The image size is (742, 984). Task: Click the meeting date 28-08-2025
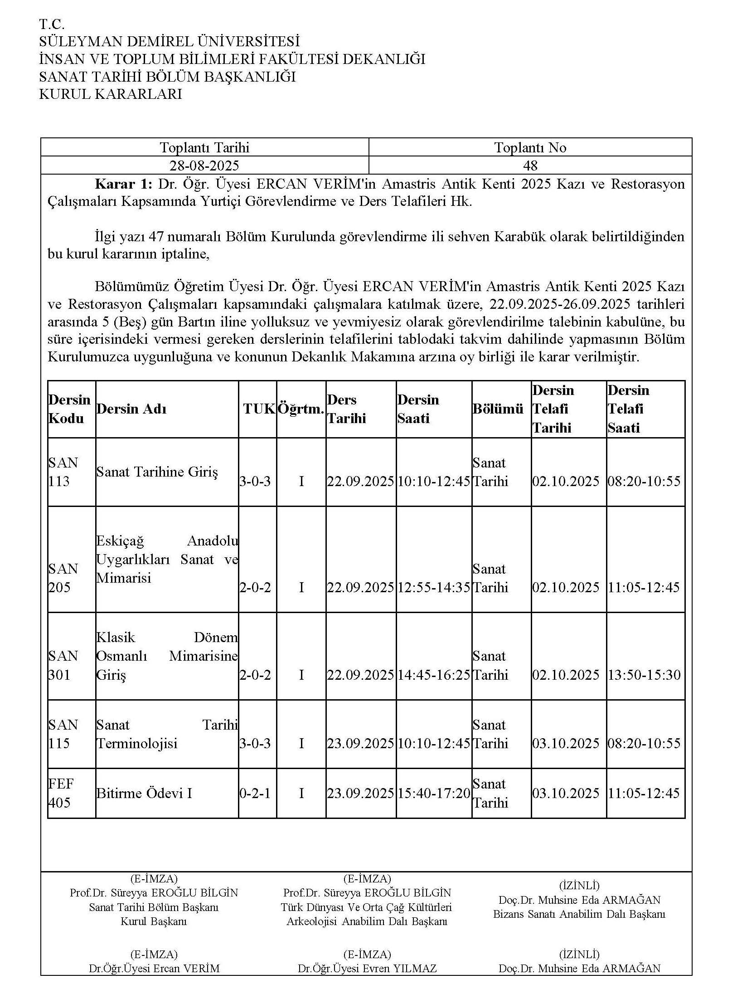click(x=204, y=166)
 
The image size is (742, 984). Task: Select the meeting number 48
click(x=530, y=166)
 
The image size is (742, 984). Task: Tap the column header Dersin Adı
click(x=131, y=409)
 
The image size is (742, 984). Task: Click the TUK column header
click(x=259, y=409)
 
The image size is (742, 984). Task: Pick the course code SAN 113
click(x=63, y=472)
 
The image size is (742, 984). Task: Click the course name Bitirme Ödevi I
click(x=144, y=793)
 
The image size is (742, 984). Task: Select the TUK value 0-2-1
click(x=255, y=793)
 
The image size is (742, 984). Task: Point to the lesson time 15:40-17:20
click(x=434, y=793)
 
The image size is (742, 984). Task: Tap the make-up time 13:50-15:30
click(x=644, y=675)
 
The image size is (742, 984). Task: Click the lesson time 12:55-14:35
click(x=434, y=588)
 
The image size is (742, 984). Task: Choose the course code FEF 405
click(x=61, y=793)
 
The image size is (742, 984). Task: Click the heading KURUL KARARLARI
click(x=111, y=94)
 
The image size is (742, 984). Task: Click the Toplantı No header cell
click(x=530, y=147)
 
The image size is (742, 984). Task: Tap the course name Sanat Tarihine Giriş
click(x=157, y=472)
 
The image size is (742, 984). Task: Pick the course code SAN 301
click(x=63, y=665)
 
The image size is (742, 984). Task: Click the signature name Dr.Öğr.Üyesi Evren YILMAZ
click(x=367, y=968)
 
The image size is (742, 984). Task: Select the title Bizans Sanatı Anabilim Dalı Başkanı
click(x=579, y=914)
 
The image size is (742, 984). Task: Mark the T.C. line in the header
click(x=52, y=24)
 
